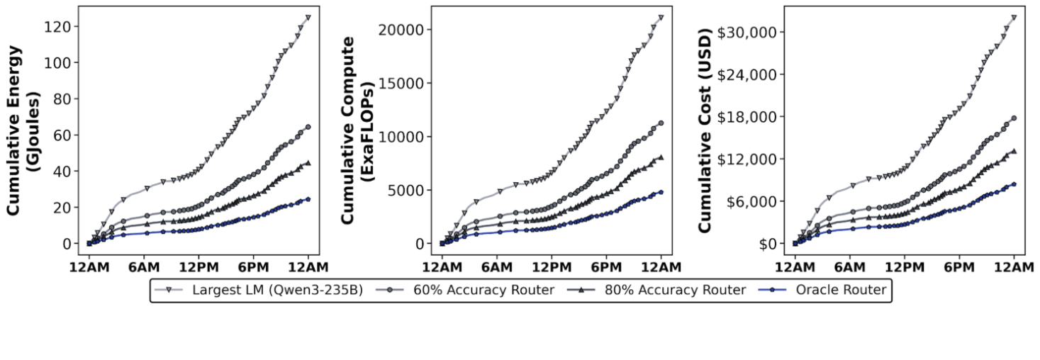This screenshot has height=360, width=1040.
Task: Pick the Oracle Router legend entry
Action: [839, 290]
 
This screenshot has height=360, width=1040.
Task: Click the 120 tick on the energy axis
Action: [59, 26]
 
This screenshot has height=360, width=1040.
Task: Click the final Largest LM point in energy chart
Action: [308, 17]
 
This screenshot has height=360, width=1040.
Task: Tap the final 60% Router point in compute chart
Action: [661, 123]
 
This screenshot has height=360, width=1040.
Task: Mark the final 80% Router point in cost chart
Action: [1014, 151]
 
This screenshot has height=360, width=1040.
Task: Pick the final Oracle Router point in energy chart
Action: [308, 199]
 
